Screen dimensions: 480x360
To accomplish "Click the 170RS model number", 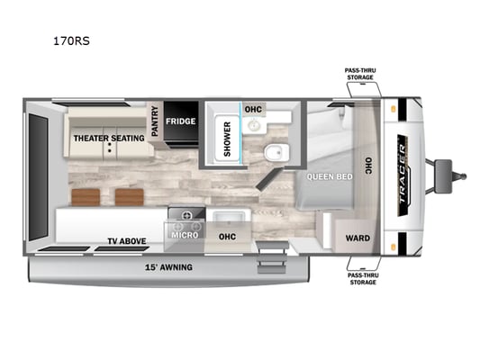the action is tap(71, 41).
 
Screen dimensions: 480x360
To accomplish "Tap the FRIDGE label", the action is tap(181, 121).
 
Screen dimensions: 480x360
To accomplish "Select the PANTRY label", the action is tap(155, 121).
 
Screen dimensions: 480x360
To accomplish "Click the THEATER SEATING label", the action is tap(109, 139).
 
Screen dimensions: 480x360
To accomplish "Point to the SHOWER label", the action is tap(227, 139).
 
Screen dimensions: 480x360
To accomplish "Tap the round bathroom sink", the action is tap(253, 125).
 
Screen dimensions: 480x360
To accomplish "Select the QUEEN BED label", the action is tap(330, 176).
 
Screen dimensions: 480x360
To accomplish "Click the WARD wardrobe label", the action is tap(358, 238).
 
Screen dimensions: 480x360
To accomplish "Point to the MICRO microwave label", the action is tap(185, 235).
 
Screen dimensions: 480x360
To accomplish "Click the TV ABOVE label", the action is tap(127, 241).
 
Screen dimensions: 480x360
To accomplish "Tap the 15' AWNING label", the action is tap(168, 267).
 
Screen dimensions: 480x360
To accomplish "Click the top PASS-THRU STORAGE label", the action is tap(360, 74).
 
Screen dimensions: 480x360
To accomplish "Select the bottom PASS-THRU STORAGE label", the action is tap(363, 279).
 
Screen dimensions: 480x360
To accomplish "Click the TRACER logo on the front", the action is tap(403, 175).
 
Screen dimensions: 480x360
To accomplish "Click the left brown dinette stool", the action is tap(86, 197).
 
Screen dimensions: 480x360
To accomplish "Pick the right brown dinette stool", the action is tap(130, 197).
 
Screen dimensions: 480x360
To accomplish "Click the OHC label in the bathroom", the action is tap(253, 109).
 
